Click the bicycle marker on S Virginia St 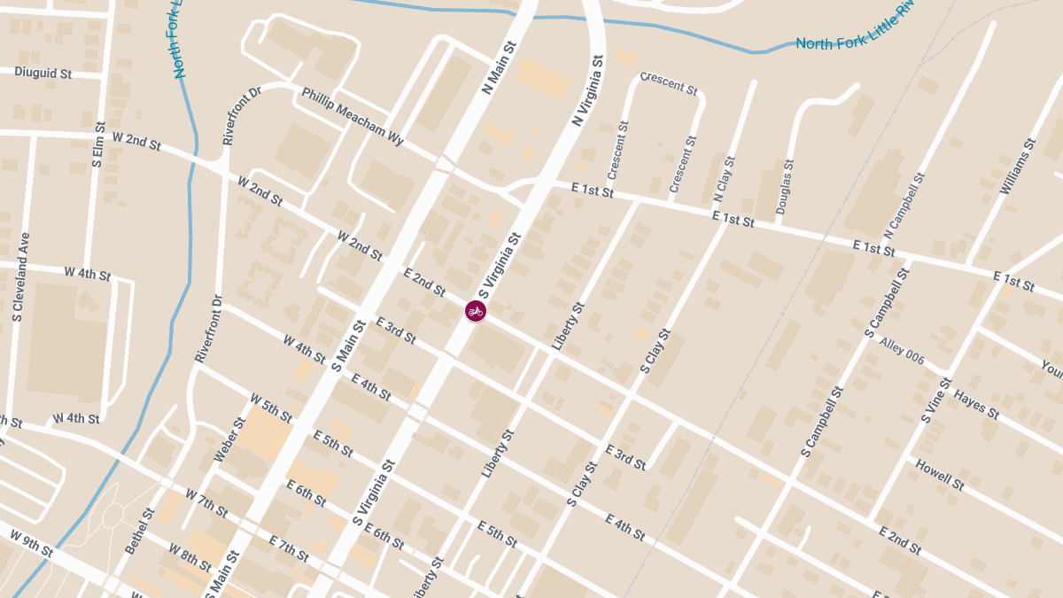[476, 311]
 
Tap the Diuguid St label [43, 73]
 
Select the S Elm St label [98, 145]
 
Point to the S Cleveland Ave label [20, 276]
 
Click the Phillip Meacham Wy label [352, 116]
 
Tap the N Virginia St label [588, 90]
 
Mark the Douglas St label [783, 187]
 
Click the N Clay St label [725, 181]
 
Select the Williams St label [1016, 167]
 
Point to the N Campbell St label [904, 203]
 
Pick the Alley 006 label [902, 350]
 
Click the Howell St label [939, 474]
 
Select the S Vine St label [935, 400]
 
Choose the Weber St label [228, 440]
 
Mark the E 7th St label [287, 548]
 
